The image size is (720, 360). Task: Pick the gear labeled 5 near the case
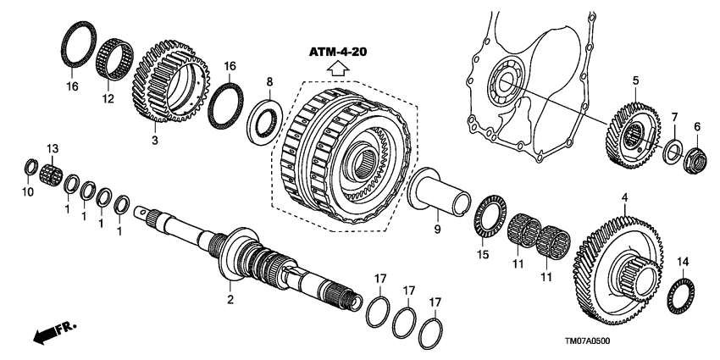point(630,132)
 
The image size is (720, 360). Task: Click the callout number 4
point(624,197)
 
